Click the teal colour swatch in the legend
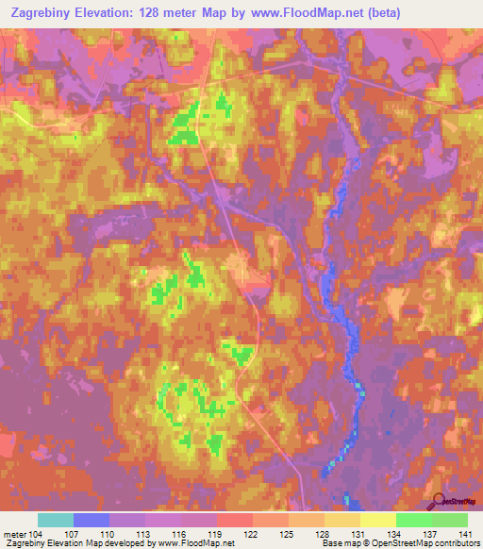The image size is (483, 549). (x=56, y=520)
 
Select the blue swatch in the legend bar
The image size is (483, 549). (x=92, y=520)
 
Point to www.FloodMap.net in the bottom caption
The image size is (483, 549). (x=197, y=544)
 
